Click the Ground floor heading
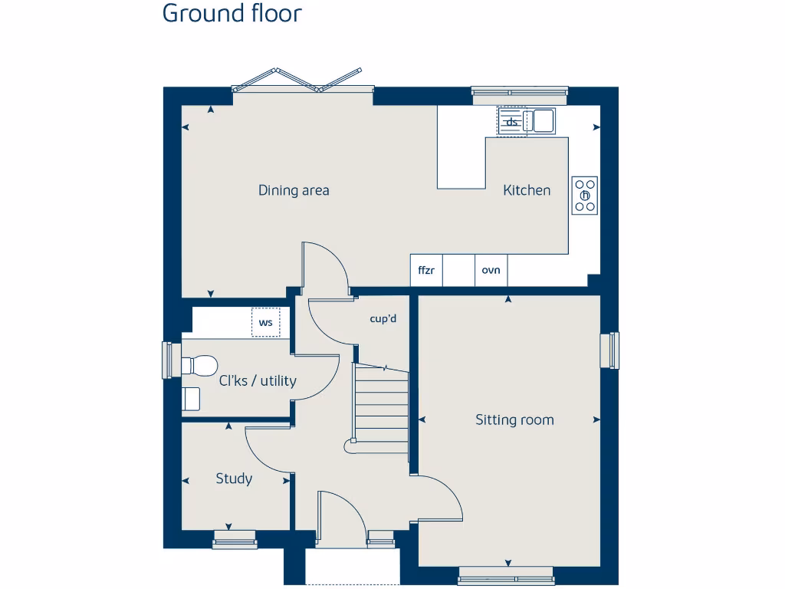coord(232,14)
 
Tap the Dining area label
coord(294,190)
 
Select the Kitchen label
coord(527,190)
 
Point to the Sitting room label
coord(514,420)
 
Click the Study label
coord(234,479)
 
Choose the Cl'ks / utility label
coord(258,380)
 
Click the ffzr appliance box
coord(427,270)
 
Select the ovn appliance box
coord(491,270)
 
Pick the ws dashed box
coord(266,322)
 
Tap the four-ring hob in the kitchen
coord(585,196)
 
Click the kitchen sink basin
coord(544,120)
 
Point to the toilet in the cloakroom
coord(201,365)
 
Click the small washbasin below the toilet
coord(191,399)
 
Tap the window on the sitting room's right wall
coord(613,350)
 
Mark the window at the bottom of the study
coord(234,539)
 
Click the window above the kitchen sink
coord(520,96)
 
